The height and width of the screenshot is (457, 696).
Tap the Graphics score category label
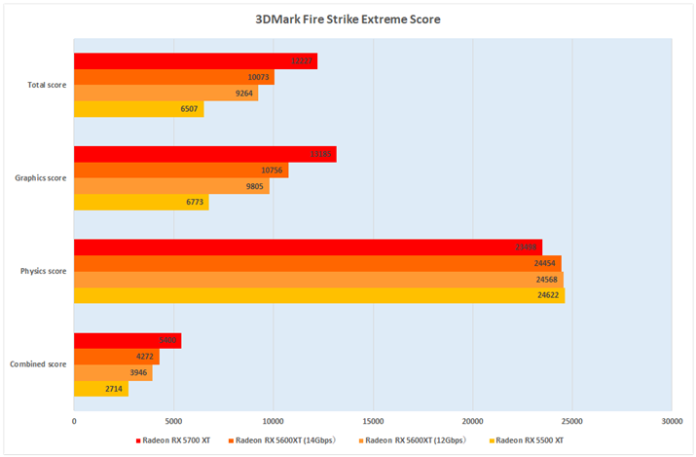coord(43,178)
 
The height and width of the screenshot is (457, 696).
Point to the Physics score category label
coord(45,271)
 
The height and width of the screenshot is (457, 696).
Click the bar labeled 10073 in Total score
coord(173,77)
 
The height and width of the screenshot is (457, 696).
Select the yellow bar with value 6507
coord(138,109)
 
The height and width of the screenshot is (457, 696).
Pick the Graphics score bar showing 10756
coord(180,171)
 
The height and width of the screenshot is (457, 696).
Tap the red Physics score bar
coord(308,247)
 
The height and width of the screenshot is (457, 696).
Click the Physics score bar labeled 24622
coord(319,295)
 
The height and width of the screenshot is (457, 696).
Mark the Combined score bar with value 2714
coord(100,389)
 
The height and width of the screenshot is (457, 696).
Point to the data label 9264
coord(244,95)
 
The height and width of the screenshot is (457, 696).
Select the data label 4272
coord(145,357)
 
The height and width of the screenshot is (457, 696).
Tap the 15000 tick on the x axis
coord(373,422)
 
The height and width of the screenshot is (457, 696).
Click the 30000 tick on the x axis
coord(671,422)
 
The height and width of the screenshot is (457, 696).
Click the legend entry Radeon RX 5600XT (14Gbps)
coord(283,440)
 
